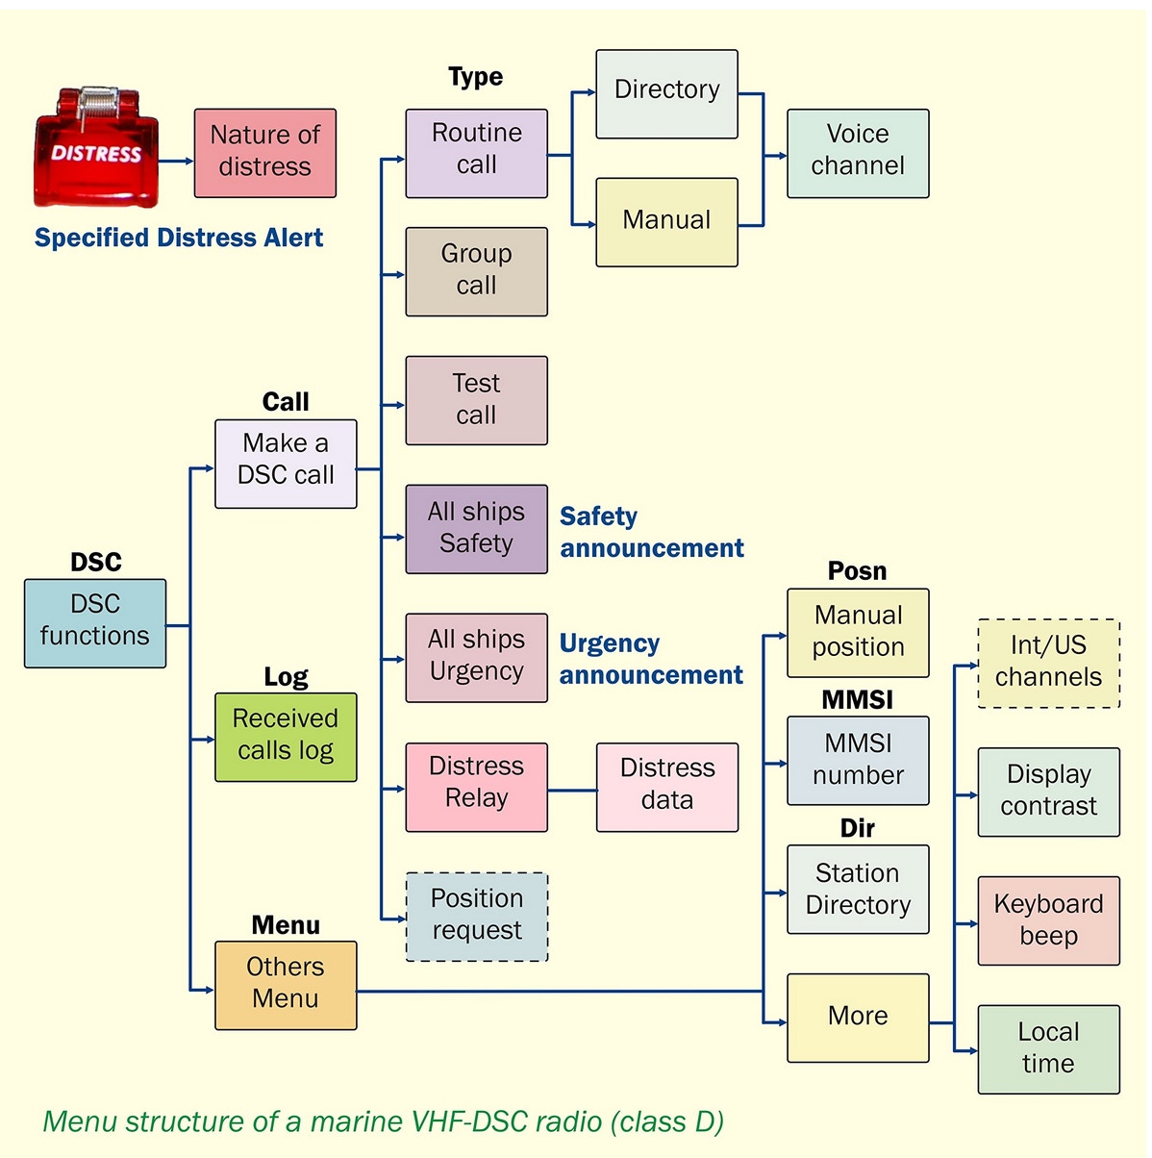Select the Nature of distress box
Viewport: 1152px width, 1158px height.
(x=265, y=153)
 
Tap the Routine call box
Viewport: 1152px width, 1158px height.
(x=476, y=153)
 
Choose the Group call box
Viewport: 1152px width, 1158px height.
(x=476, y=271)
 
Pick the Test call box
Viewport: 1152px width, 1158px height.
(x=476, y=400)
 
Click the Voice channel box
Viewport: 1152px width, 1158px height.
(x=858, y=153)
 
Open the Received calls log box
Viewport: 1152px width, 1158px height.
(x=286, y=737)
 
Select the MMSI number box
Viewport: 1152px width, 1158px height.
(x=858, y=760)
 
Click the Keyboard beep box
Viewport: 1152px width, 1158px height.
(x=1048, y=920)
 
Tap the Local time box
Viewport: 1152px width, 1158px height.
(x=1048, y=1049)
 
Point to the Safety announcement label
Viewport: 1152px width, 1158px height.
(x=651, y=532)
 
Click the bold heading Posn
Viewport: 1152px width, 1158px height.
(x=857, y=571)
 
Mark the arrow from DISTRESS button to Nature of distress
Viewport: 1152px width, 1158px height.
(x=176, y=161)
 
